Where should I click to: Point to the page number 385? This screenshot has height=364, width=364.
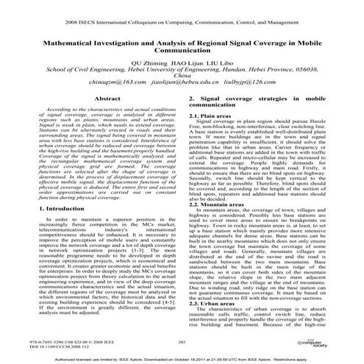(x=182, y=341)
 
